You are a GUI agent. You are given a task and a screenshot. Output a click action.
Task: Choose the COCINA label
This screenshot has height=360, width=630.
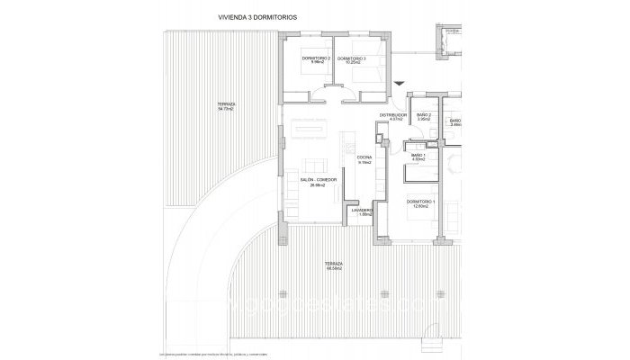coord(364,158)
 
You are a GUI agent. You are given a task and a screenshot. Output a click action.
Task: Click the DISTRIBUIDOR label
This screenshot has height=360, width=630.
coord(393,115)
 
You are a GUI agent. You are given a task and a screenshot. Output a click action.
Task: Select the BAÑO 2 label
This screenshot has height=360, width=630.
coord(423,115)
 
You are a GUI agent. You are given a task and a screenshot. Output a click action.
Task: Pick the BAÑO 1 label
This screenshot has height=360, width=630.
coord(418,155)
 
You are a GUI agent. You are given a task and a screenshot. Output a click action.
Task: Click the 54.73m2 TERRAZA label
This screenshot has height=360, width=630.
coord(226,105)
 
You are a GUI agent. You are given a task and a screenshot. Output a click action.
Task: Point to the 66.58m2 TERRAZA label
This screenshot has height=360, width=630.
coord(335,264)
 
